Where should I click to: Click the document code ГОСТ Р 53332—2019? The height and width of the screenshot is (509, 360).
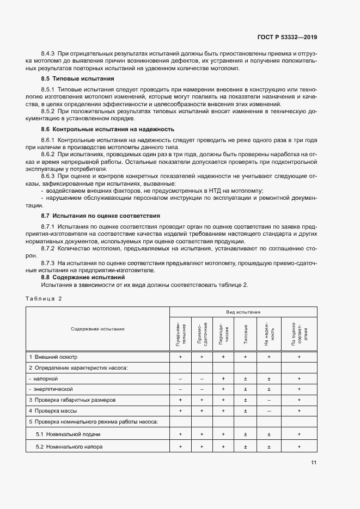tap(286, 38)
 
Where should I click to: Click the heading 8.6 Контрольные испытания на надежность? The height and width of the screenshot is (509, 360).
tap(107, 129)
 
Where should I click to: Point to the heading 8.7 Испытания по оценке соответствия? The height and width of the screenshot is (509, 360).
tap(100, 216)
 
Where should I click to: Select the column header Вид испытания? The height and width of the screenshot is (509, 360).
tap(243, 312)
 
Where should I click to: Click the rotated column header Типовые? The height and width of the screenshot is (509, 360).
tap(246, 333)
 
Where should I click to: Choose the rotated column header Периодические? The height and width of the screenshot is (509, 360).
tap(223, 333)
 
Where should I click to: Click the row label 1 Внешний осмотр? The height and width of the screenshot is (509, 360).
tap(53, 357)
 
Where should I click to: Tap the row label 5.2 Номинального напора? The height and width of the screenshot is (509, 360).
tap(69, 446)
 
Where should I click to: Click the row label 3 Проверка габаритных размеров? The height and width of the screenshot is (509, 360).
tap(72, 400)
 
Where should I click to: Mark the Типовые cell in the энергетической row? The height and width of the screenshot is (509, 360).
tap(246, 389)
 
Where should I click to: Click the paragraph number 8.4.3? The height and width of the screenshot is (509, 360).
tap(48, 53)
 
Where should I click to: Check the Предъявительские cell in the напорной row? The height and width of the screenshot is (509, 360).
tap(180, 378)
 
